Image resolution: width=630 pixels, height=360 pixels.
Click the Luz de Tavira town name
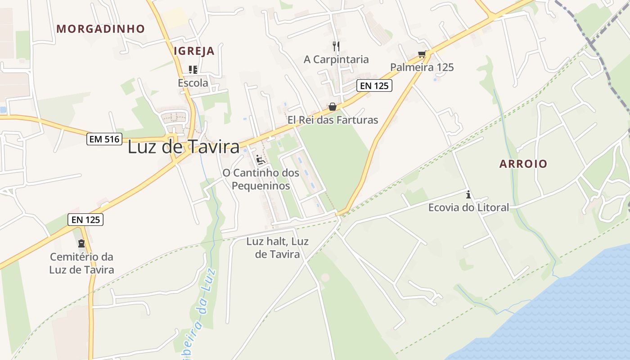tap(184, 147)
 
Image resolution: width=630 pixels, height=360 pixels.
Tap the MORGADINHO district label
tap(101, 29)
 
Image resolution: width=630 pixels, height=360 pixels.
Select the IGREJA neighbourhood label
tap(194, 51)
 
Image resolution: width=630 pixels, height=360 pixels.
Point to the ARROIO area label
tap(523, 164)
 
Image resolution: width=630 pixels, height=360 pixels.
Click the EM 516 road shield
tap(105, 139)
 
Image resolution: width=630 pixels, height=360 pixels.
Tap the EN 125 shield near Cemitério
tap(86, 220)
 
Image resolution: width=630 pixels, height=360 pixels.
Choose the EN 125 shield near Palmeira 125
tap(374, 85)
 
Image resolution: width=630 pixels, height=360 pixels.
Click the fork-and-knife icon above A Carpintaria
tap(336, 46)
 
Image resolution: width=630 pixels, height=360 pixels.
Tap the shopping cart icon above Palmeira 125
tap(422, 54)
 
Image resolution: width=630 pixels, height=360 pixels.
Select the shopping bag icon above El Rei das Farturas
tap(332, 107)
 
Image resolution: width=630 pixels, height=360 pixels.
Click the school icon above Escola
tap(193, 70)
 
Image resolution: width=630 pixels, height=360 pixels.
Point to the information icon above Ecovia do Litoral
tap(468, 195)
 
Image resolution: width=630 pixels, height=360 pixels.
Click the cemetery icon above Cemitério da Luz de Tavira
tap(81, 243)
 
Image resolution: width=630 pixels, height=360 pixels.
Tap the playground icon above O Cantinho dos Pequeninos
tap(260, 160)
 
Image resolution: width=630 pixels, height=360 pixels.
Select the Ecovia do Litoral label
tap(468, 207)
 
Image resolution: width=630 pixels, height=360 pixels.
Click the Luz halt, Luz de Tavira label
tap(277, 247)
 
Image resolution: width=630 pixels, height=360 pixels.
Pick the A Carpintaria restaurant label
tap(336, 59)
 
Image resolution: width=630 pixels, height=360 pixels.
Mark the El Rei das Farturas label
tap(333, 120)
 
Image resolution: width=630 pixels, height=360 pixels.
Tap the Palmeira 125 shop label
tap(422, 67)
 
